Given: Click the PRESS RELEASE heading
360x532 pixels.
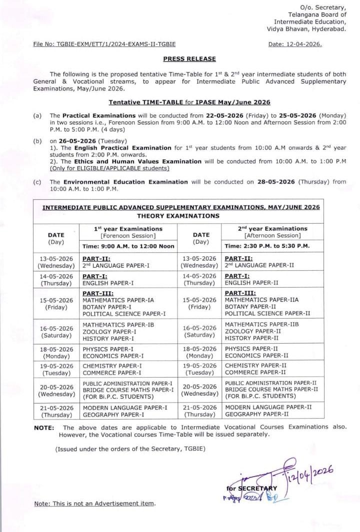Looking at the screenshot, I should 189,58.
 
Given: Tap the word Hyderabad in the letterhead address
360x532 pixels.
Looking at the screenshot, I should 325,29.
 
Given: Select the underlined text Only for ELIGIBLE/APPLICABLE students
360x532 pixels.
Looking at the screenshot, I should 109,168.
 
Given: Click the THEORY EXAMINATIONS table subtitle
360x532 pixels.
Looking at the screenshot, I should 178,216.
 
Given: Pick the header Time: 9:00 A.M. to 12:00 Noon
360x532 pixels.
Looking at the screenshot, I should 128,246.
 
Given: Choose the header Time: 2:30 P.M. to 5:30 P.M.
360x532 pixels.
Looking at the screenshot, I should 267,246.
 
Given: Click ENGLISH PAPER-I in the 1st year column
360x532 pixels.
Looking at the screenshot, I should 108,283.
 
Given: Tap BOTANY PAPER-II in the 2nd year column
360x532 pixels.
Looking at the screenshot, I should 250,307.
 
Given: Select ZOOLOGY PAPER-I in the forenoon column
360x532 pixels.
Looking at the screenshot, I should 109,331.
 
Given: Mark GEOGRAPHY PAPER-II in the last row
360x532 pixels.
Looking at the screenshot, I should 257,414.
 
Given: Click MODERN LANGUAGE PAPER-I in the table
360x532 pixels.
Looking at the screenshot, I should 125,407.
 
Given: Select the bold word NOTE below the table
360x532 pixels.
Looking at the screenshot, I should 43,428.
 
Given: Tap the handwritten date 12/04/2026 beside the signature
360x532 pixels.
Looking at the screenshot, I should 309,473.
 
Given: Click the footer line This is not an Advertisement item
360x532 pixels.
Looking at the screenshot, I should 94,504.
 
